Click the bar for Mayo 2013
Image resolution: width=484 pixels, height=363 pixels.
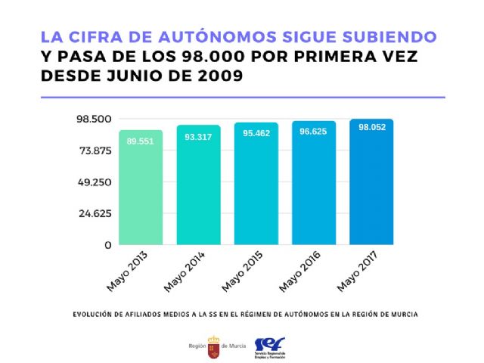140,189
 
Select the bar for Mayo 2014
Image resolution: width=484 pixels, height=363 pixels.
198,187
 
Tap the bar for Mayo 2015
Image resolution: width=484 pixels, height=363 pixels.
256,185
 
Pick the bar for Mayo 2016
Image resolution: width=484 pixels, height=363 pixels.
314,185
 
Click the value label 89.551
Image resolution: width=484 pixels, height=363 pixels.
140,141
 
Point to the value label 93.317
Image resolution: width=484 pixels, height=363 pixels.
198,137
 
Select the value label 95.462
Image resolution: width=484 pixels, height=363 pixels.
256,133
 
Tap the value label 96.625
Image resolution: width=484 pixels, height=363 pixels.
314,132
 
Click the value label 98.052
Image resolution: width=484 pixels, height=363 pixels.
372,128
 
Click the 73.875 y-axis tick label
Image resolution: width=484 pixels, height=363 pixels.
95,150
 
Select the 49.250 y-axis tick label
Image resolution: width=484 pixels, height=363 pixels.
95,182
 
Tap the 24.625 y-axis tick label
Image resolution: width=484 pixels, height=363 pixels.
95,213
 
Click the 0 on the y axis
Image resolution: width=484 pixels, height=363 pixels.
108,245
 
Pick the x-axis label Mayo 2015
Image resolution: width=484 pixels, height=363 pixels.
242,275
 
